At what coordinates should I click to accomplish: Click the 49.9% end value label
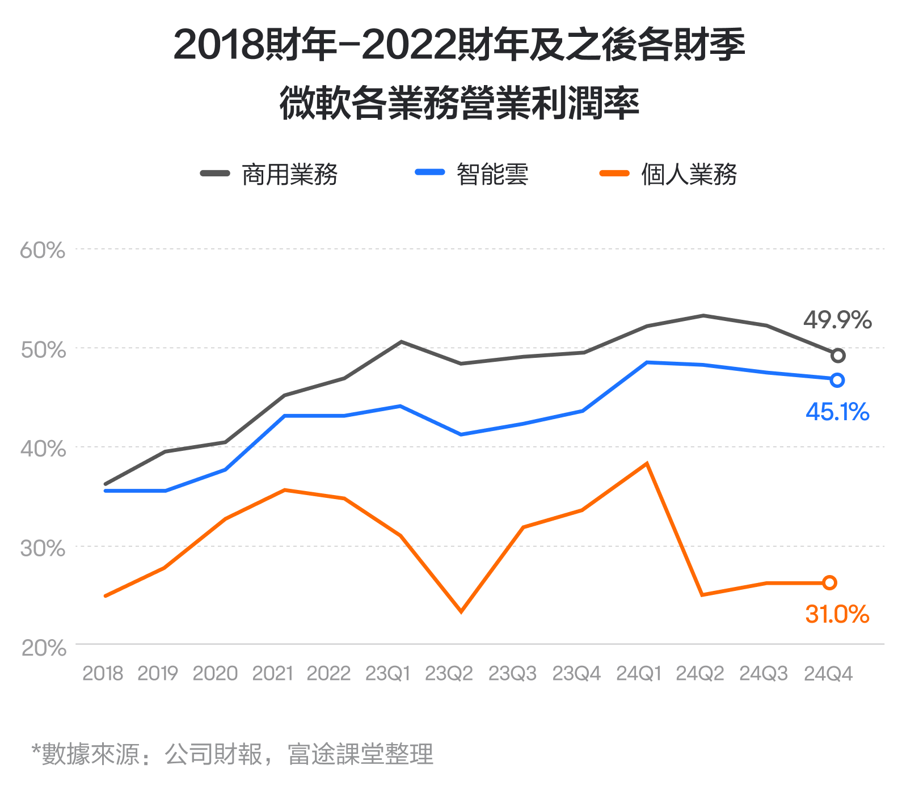pos(837,320)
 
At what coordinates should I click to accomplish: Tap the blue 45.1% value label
pos(837,412)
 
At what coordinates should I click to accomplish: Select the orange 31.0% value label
pos(837,614)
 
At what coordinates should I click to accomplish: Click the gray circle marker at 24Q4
pos(838,356)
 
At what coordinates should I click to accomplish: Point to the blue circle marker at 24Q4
pos(837,380)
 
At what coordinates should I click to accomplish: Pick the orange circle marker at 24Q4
pos(829,582)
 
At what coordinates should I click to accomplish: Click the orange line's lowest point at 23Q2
pos(461,611)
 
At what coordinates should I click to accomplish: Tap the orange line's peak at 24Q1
pos(647,464)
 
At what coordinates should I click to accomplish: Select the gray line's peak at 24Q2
pos(703,315)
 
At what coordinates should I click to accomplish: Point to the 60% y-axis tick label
pos(43,250)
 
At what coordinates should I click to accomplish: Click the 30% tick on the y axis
pos(43,548)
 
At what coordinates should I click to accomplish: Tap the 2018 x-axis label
pos(103,673)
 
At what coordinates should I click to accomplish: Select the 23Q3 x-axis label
pos(512,673)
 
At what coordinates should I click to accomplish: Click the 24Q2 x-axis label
pos(699,673)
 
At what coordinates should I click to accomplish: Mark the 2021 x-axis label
pos(272,673)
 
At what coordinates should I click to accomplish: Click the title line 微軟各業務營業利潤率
pos(459,103)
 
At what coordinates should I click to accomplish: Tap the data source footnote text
pos(233,754)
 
